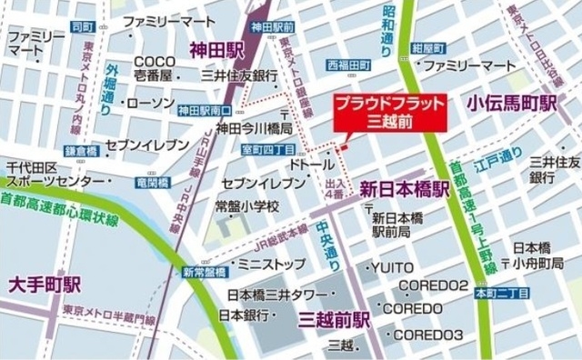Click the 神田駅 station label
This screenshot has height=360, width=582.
(x=215, y=48)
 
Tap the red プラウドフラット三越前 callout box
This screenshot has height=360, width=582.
(x=391, y=112)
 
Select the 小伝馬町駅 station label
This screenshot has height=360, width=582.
(x=512, y=105)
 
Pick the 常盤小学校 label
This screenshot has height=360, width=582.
(x=246, y=206)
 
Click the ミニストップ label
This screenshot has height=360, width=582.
(x=271, y=265)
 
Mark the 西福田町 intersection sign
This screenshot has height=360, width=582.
(x=348, y=65)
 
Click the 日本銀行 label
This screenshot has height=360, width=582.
(x=245, y=315)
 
